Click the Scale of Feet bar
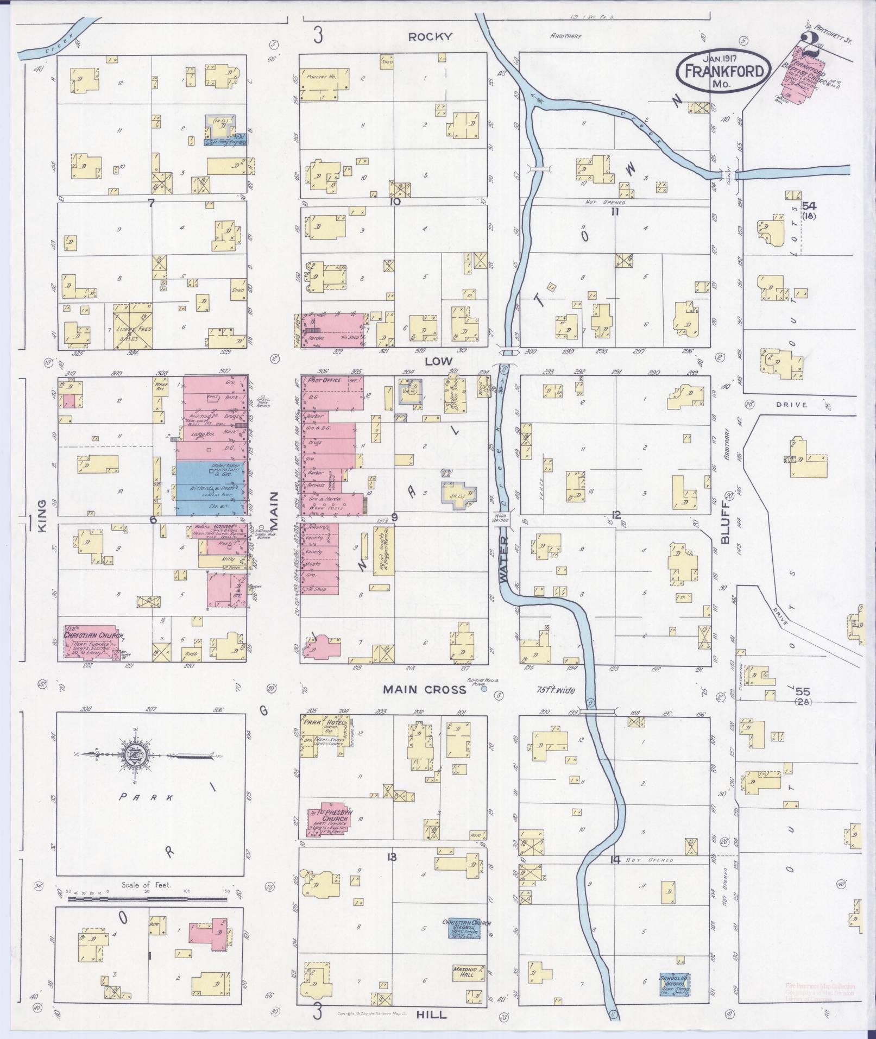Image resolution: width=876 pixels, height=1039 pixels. [x=147, y=898]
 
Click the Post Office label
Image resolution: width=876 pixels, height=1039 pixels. [x=325, y=380]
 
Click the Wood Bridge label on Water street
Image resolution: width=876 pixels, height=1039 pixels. [x=502, y=517]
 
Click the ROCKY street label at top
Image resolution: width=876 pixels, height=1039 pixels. [x=430, y=37]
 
